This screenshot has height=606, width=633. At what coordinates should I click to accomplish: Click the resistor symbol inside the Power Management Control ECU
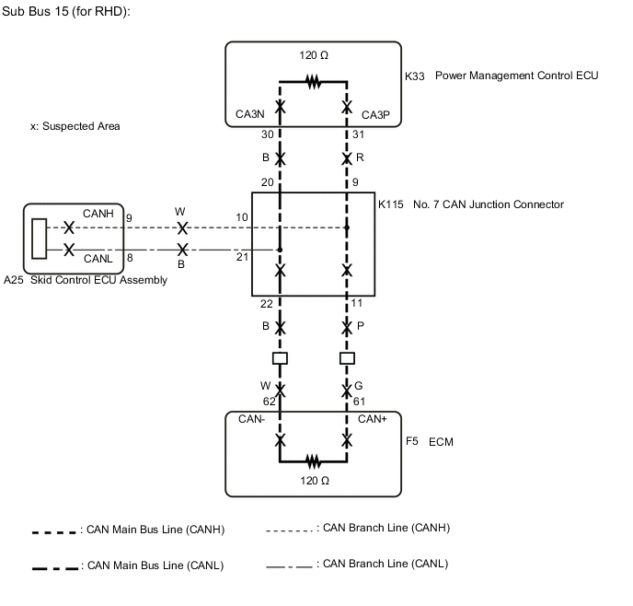point(314,83)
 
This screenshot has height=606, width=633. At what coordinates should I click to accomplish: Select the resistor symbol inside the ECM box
point(314,460)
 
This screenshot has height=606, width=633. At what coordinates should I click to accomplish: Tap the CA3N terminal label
point(250,116)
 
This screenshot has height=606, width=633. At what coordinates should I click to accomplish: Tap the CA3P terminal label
point(376,116)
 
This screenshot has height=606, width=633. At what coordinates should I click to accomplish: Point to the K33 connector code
point(415,76)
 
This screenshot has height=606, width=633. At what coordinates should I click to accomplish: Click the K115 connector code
point(391,204)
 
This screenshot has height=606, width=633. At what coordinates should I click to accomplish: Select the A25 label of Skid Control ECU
point(14,280)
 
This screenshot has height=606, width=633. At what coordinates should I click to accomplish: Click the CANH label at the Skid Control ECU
point(98,213)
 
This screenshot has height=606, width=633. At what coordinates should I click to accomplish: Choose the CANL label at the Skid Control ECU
point(98,259)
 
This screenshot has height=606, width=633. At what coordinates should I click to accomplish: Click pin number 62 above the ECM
point(269,402)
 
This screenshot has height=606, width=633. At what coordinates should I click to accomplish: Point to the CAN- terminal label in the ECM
point(252,419)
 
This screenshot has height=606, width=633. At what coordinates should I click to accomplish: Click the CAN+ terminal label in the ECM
point(373,419)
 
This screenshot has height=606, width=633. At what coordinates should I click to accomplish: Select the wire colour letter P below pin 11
point(361,326)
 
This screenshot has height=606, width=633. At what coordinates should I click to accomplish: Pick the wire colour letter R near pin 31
point(360,157)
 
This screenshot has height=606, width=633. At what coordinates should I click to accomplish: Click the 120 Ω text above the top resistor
point(314,55)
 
